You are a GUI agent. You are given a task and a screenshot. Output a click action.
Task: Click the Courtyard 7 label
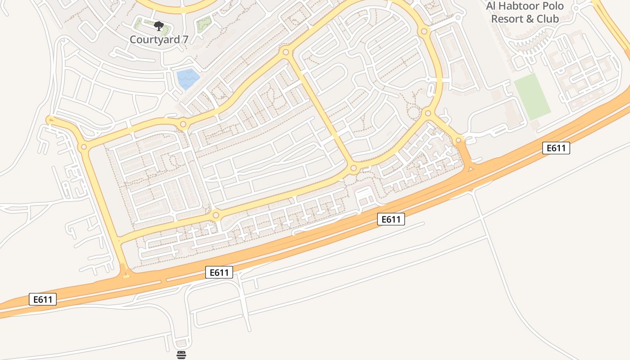point(159,39)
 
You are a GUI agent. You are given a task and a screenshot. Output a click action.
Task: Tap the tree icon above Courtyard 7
point(158,26)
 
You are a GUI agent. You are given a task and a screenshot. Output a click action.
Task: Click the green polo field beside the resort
point(532,96)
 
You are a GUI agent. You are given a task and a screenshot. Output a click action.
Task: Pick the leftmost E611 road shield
point(43,299)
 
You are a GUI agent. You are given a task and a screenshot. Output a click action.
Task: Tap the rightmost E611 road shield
point(556,148)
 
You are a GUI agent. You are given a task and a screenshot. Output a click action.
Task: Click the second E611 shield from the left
point(219,272)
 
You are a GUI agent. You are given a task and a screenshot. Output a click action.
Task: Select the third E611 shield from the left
point(391,219)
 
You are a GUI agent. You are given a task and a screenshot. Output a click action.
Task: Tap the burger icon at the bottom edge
point(181,355)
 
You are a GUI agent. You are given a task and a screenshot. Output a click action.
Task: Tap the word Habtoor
point(517,7)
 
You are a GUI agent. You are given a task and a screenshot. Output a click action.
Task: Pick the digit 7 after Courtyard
point(185,39)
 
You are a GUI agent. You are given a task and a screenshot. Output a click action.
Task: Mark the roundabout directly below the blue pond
point(183,124)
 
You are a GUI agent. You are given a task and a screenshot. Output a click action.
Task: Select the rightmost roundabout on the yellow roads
point(458,141)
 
